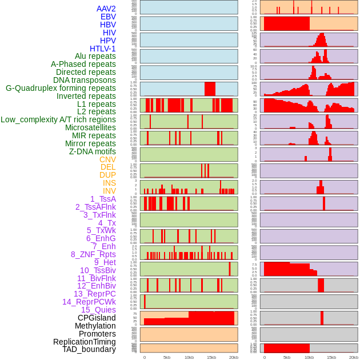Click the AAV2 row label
coord(106,9)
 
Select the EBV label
coord(108,17)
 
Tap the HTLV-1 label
coord(102,49)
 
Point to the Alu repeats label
coord(95,56)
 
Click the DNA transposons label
coord(85,80)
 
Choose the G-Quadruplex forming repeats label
coord(61,88)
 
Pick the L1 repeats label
coord(97,104)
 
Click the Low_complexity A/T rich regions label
coord(58,119)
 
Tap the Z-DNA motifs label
coord(92,151)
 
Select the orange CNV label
coord(107,159)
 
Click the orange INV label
coord(109,191)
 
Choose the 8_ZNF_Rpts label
coord(93,254)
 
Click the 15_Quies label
coord(98,310)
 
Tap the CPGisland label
coord(97,318)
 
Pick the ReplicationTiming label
coord(85,342)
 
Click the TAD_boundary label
coord(89,349)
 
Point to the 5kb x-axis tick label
coord(167,357)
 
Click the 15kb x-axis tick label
coord(211,357)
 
